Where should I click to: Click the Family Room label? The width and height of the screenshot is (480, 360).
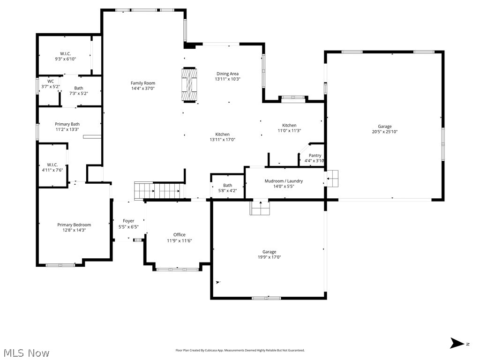pyautogui.click(x=142, y=83)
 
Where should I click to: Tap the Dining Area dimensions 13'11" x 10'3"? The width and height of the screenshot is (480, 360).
pyautogui.click(x=227, y=79)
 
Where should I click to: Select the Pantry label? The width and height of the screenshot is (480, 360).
pyautogui.click(x=315, y=156)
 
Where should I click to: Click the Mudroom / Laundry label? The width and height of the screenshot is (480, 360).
pyautogui.click(x=284, y=181)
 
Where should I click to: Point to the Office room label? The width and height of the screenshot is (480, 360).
pyautogui.click(x=179, y=235)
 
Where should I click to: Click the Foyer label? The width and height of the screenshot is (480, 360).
pyautogui.click(x=128, y=221)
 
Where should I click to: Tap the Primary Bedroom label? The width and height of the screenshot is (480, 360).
pyautogui.click(x=74, y=225)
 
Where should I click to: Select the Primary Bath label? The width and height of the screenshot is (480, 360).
pyautogui.click(x=67, y=124)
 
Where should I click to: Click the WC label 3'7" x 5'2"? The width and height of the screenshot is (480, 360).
pyautogui.click(x=51, y=82)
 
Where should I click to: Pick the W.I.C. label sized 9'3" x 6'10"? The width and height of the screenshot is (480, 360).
pyautogui.click(x=65, y=53)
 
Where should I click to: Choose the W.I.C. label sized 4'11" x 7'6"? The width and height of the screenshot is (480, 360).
pyautogui.click(x=52, y=165)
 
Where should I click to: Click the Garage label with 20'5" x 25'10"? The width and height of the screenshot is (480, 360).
pyautogui.click(x=384, y=127)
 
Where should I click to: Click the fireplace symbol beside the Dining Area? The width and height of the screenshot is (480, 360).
pyautogui.click(x=189, y=84)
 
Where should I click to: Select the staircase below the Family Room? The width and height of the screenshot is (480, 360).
pyautogui.click(x=158, y=191)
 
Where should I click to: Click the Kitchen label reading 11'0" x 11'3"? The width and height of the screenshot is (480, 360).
pyautogui.click(x=289, y=126)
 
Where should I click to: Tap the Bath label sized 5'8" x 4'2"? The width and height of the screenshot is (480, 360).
pyautogui.click(x=227, y=186)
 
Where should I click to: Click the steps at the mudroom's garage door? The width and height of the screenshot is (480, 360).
pyautogui.click(x=332, y=178)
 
